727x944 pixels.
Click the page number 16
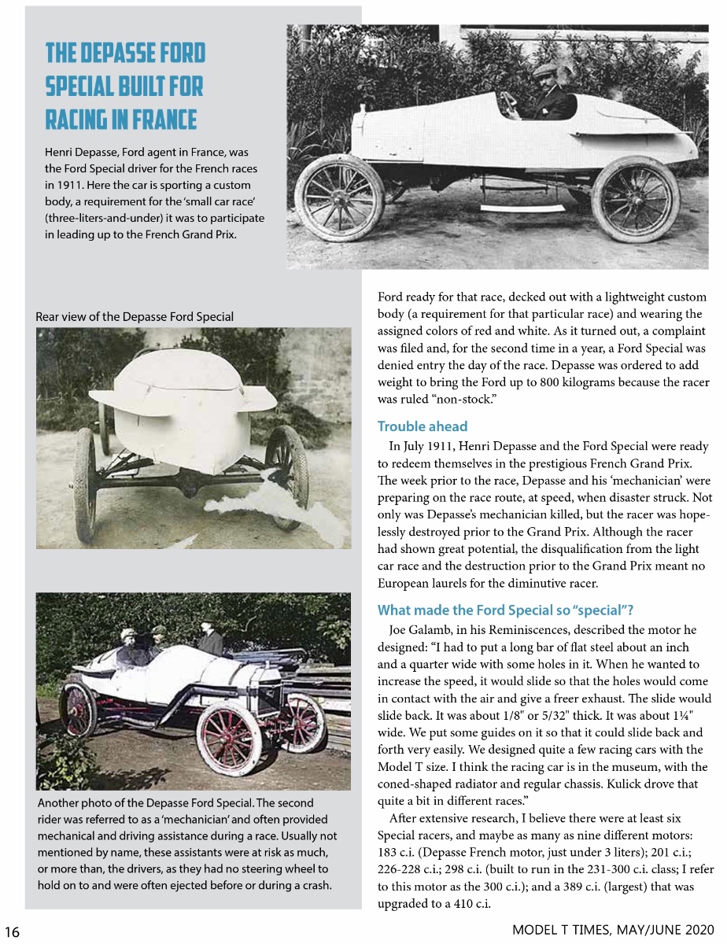[x=12, y=931]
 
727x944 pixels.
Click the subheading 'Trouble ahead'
[x=422, y=426]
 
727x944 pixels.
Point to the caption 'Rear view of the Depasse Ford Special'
[x=135, y=316]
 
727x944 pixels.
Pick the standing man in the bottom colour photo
[x=209, y=638]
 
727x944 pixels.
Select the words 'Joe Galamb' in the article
[x=416, y=630]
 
